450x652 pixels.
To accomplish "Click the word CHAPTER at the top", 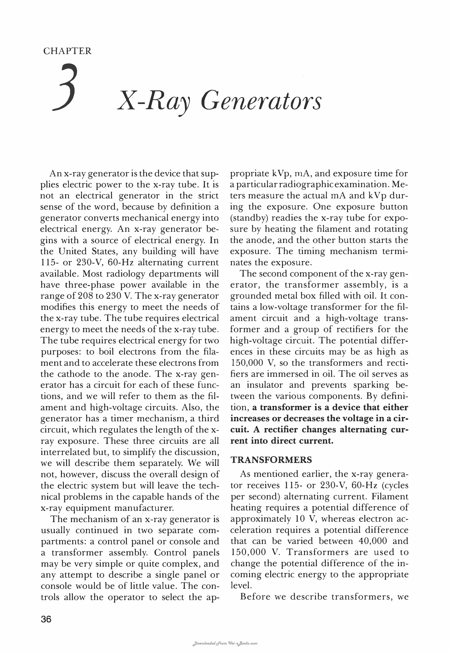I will click(67, 51).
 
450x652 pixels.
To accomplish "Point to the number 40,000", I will click(374, 541).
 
